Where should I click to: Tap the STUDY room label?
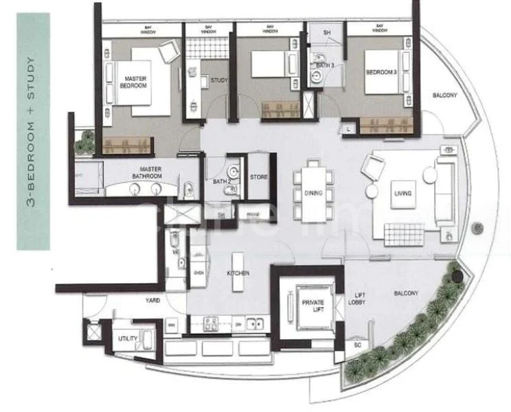pos(218,80)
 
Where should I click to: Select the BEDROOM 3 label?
pos(377,72)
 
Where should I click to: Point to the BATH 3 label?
pos(324,65)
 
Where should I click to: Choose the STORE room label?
pos(258,177)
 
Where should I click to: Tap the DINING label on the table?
pos(313,194)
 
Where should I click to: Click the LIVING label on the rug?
pos(402,194)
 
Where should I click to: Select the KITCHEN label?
pos(238,273)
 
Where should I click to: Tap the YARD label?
pos(152,300)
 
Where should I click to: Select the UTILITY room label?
pos(128,339)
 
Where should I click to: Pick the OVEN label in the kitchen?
pos(200,272)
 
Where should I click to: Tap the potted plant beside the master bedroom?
pos(85,142)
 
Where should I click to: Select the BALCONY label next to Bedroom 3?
pos(444,95)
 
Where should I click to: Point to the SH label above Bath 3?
pos(327,32)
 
